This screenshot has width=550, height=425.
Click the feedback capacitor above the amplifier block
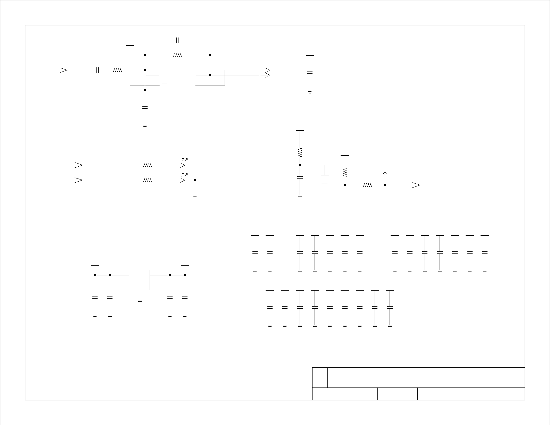(x=177, y=40)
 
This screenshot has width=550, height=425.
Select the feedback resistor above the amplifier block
(x=177, y=55)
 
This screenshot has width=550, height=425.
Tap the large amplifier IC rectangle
(x=177, y=80)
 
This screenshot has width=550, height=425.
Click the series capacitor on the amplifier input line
(x=98, y=70)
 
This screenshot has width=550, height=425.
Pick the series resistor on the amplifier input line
(x=117, y=70)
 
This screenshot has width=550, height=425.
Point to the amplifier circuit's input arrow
(x=64, y=70)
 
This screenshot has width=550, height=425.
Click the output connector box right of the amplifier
(x=270, y=73)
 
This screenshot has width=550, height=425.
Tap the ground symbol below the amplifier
(x=145, y=126)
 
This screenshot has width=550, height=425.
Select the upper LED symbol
(x=183, y=165)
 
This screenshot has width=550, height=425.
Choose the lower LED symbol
(x=183, y=180)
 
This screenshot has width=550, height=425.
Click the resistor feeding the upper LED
(x=148, y=165)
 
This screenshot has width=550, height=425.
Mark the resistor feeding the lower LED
(x=148, y=180)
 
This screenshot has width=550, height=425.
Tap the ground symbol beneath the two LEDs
(x=195, y=197)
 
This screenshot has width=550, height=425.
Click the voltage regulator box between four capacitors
(x=140, y=280)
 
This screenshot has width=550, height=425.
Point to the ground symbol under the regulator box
(x=140, y=301)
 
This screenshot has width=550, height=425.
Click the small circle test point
(x=385, y=174)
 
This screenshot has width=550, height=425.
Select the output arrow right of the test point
(x=416, y=185)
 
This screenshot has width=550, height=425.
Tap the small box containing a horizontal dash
(x=325, y=183)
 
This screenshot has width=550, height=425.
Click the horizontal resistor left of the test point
(x=367, y=185)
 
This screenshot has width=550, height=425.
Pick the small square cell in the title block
(x=320, y=377)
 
